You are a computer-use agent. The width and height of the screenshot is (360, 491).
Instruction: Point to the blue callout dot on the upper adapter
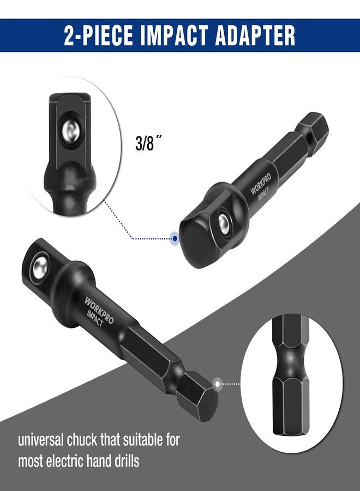[175, 238]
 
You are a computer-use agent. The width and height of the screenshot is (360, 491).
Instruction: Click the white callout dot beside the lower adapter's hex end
[218, 384]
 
